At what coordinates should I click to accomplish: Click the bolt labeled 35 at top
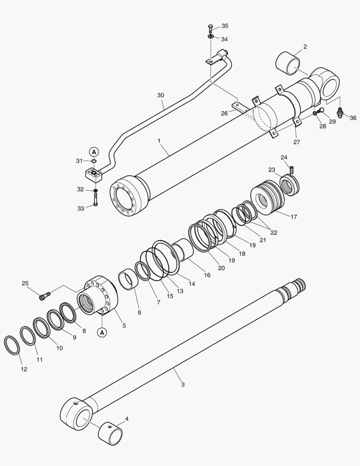pyautogui.click(x=210, y=28)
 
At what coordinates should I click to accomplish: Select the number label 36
pyautogui.click(x=353, y=118)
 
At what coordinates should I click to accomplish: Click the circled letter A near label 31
pyautogui.click(x=94, y=151)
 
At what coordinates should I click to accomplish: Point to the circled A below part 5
pyautogui.click(x=102, y=332)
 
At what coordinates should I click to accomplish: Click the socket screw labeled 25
pyautogui.click(x=44, y=296)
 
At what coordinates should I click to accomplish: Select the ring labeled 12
pyautogui.click(x=12, y=345)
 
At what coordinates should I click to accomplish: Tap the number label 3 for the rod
pyautogui.click(x=183, y=384)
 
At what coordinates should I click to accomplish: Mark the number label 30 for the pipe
pyautogui.click(x=161, y=95)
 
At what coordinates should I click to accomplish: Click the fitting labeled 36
pyautogui.click(x=340, y=112)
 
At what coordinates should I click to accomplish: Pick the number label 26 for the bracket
pyautogui.click(x=224, y=113)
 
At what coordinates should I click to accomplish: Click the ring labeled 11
pyautogui.click(x=28, y=336)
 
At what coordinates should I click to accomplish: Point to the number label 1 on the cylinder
pyautogui.click(x=159, y=141)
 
